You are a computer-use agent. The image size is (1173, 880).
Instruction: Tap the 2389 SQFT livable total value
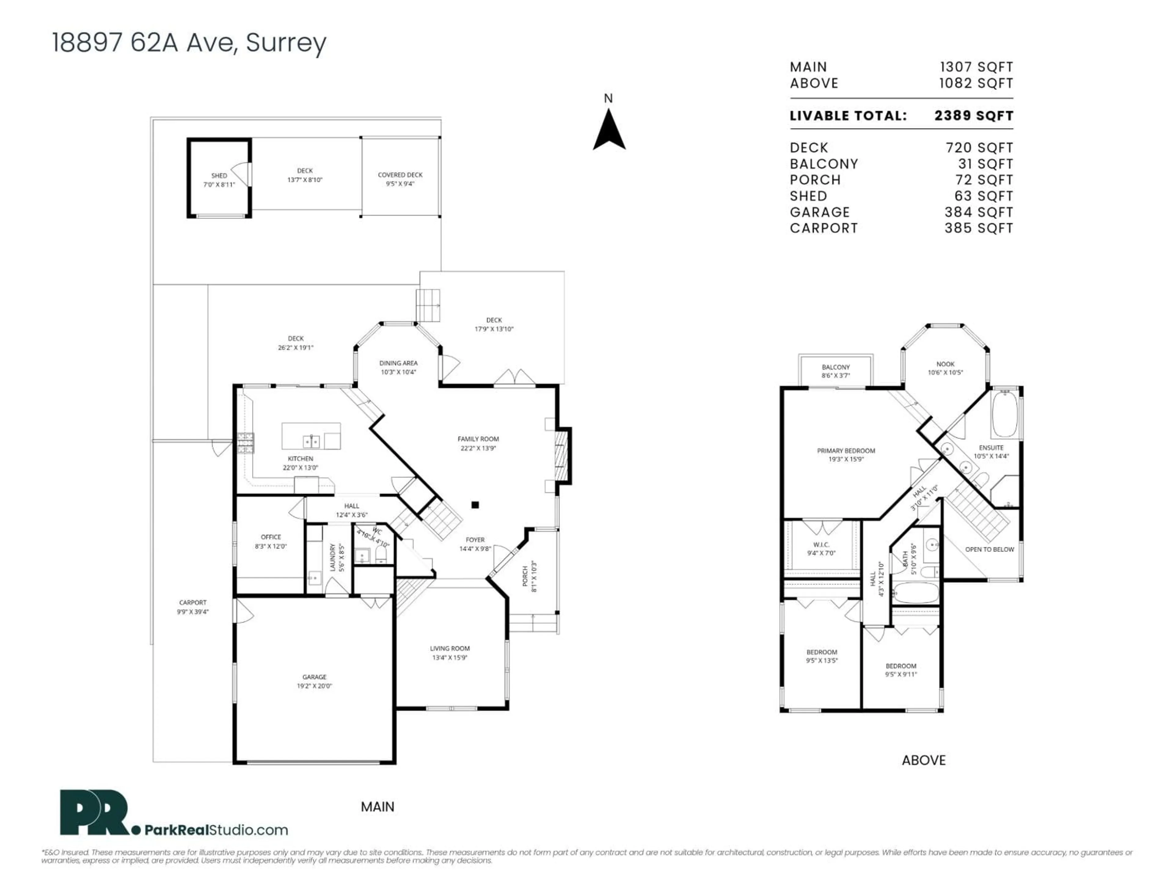click(x=974, y=116)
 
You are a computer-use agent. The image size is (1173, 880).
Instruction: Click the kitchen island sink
click(x=311, y=441)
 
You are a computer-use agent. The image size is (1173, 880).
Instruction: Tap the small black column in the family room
click(x=475, y=505)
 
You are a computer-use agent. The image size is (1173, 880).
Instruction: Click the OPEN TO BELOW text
click(x=989, y=549)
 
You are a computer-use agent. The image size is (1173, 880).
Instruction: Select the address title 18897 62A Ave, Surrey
click(x=189, y=42)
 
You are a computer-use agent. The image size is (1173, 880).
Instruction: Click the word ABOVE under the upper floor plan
click(x=923, y=760)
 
